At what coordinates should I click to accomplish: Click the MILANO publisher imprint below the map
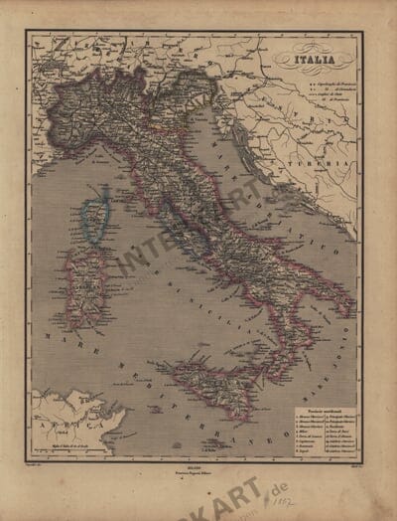pyautogui.click(x=198, y=464)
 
